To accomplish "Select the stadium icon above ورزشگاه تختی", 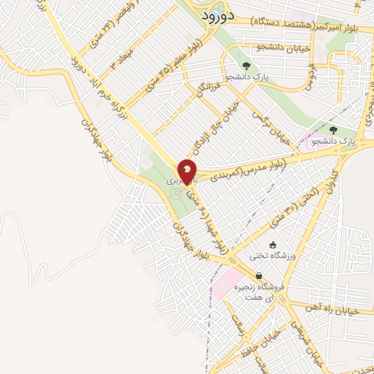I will coord(273,245).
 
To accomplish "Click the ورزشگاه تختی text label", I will coord(273,256).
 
